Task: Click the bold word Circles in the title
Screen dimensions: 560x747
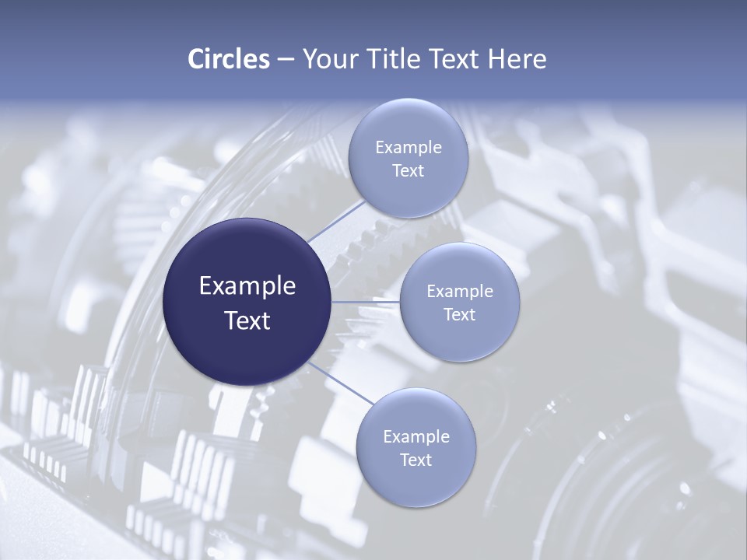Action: point(228,59)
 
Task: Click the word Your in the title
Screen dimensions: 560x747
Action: point(328,59)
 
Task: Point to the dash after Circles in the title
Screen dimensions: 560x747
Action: point(285,60)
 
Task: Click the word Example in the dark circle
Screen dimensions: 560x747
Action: point(247,286)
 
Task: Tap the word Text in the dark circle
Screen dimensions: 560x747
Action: point(247,320)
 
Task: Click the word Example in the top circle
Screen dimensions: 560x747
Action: point(408,148)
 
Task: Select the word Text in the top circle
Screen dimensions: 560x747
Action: point(408,171)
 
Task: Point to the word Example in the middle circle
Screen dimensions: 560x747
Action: point(459,292)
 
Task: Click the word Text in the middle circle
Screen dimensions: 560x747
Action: point(459,315)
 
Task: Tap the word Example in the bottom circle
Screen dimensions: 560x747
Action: point(416,437)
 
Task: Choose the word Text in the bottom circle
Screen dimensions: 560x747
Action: point(416,460)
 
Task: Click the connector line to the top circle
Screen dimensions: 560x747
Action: point(335,220)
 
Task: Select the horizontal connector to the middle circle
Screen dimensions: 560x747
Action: point(366,302)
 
